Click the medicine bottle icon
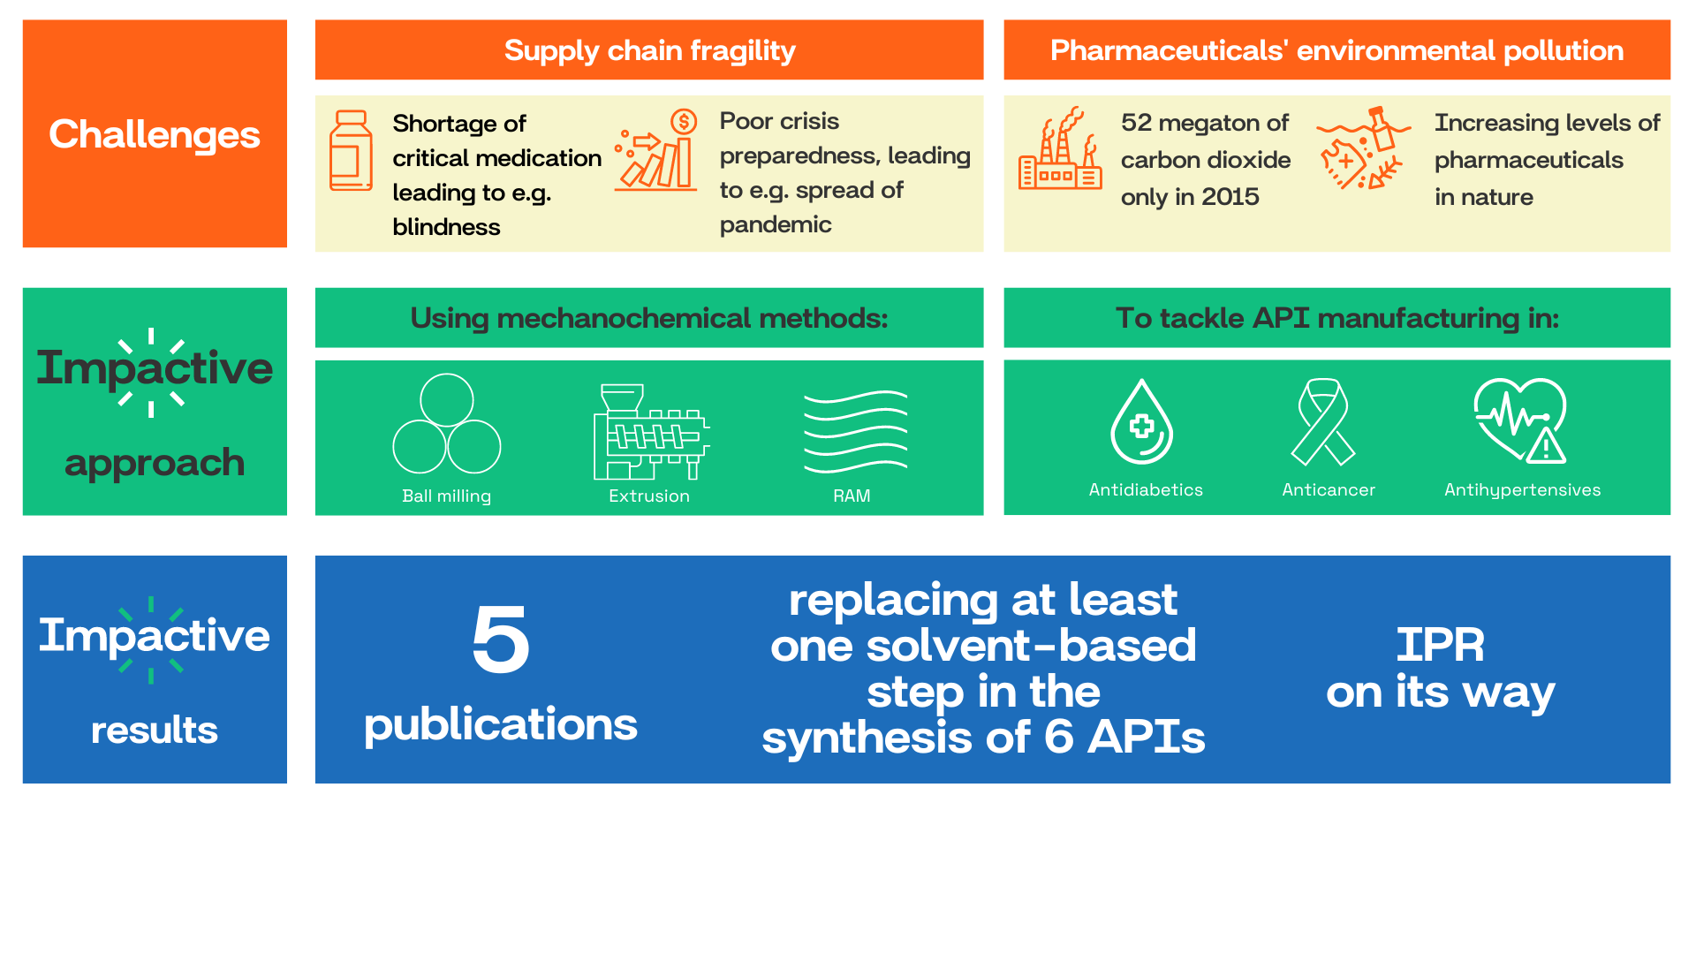351,150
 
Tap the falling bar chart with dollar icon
656,150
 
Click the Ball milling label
446,496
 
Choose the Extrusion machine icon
651,431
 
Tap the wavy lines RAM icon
855,431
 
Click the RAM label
852,496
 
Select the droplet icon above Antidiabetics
1141,422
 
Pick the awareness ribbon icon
1322,421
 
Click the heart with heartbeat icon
1519,420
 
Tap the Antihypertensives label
1522,489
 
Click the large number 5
500,640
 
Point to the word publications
500,724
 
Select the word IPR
1440,645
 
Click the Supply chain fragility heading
649,50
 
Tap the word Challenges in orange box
155,134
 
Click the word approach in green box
155,463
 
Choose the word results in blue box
155,731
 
